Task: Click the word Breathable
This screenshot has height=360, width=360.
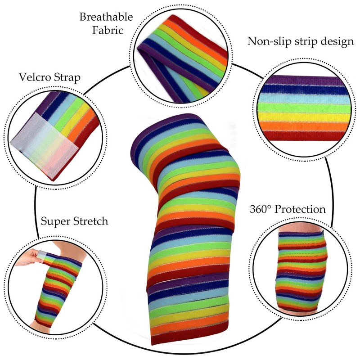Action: click(106, 17)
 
